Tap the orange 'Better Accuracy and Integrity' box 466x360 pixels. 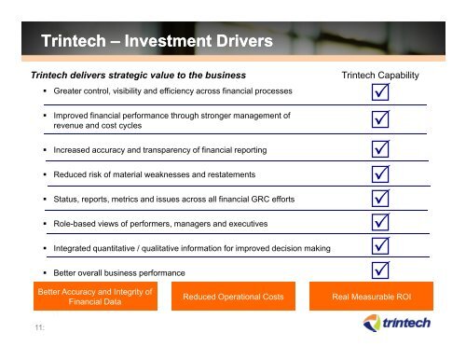point(92,297)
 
